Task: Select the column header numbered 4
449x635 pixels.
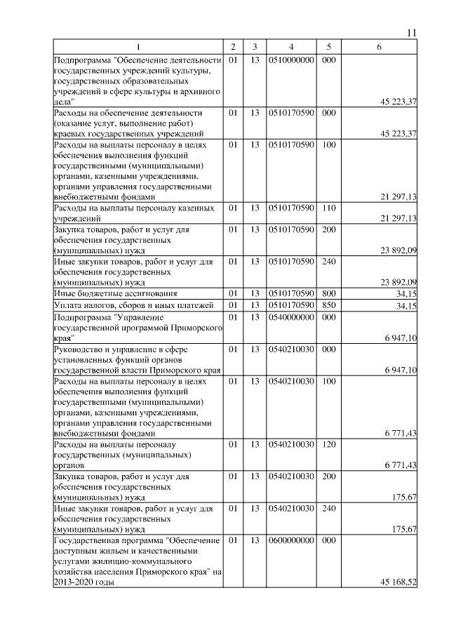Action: pos(290,47)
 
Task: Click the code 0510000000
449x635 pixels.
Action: pos(290,61)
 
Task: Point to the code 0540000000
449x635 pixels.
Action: pos(290,317)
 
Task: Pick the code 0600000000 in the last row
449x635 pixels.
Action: pos(290,541)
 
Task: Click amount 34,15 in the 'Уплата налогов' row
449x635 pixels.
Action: pos(406,306)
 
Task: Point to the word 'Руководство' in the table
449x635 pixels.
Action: pos(77,349)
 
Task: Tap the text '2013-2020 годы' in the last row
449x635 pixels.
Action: pos(83,582)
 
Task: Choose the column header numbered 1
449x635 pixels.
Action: pos(138,47)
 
